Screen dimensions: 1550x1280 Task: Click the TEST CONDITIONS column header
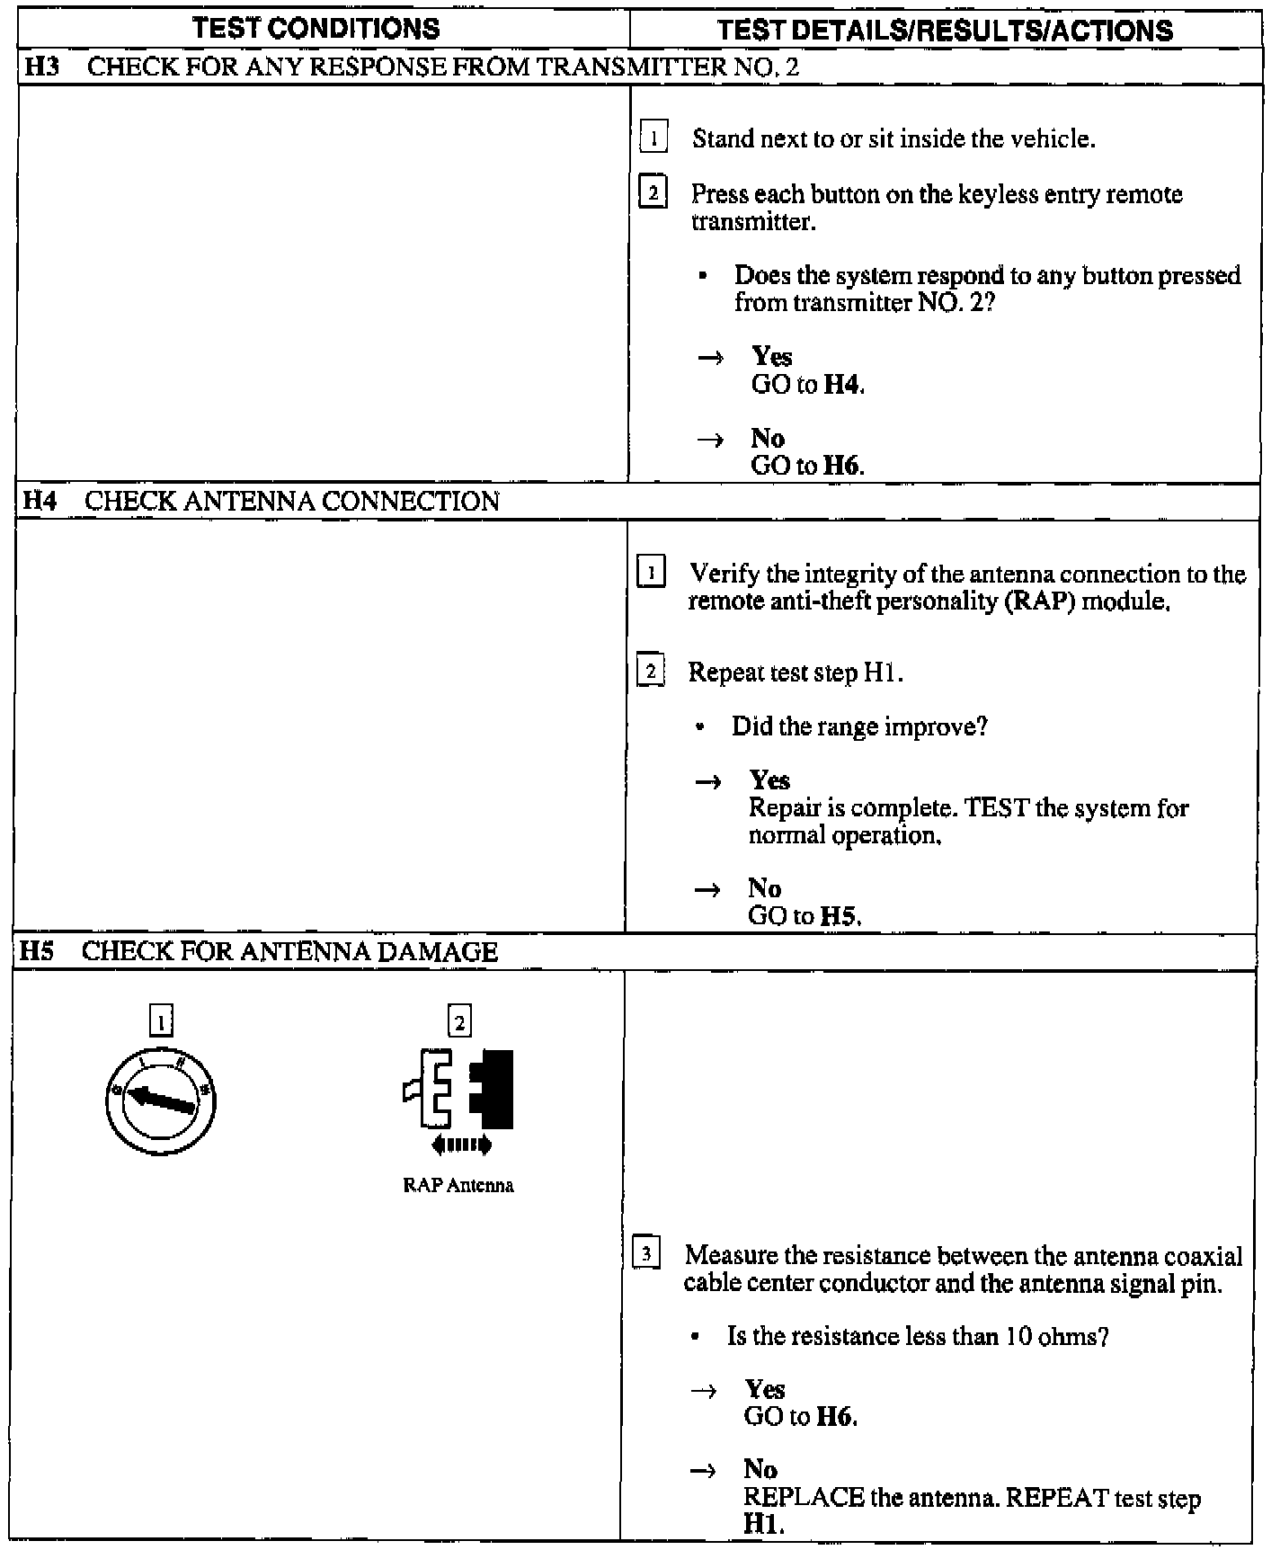coord(316,29)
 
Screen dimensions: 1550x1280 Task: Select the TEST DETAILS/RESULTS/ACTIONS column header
coord(946,31)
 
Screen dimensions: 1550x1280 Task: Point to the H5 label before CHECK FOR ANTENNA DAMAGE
coord(37,951)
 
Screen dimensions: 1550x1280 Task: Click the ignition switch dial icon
coord(160,1100)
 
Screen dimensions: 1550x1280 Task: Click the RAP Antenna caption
coord(458,1185)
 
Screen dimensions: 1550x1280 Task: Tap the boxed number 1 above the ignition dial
coord(161,1022)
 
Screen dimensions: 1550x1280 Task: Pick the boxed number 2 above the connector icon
coord(459,1022)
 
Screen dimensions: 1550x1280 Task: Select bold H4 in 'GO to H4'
coord(843,385)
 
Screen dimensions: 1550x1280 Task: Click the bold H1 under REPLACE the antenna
coord(762,1525)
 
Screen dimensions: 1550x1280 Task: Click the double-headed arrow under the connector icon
coord(462,1145)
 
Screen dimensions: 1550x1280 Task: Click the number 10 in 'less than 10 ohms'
coord(1018,1336)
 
